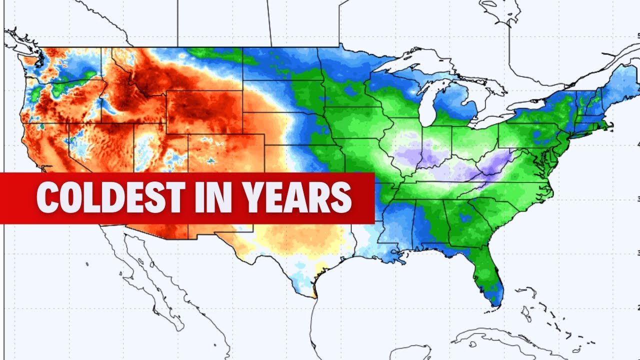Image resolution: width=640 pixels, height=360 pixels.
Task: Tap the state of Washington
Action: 60,65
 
